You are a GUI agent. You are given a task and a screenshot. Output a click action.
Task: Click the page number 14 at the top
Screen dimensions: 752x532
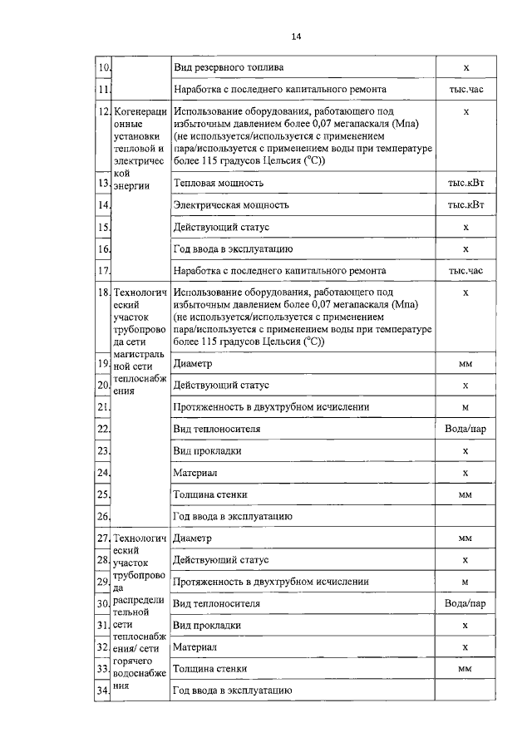pyautogui.click(x=297, y=36)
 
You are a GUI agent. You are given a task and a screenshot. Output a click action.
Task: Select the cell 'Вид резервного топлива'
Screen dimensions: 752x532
pyautogui.click(x=229, y=66)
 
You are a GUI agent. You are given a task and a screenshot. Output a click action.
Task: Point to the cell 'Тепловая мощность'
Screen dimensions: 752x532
pyautogui.click(x=219, y=182)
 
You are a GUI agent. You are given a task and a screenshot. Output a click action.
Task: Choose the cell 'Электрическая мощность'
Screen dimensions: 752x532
pyautogui.click(x=230, y=204)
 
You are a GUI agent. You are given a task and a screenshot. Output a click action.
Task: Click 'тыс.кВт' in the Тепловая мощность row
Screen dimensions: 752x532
pyautogui.click(x=465, y=182)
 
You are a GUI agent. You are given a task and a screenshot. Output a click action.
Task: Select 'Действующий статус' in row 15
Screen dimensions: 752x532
pyautogui.click(x=221, y=227)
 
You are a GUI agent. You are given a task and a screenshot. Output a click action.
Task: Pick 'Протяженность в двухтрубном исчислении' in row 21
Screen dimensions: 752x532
pyautogui.click(x=271, y=407)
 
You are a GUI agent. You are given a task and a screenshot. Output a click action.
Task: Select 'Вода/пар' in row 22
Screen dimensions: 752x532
pyautogui.click(x=465, y=429)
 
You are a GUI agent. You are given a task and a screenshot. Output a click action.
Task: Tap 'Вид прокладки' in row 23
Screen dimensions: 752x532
pyautogui.click(x=208, y=451)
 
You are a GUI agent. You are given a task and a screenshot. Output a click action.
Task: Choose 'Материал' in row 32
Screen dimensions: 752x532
pyautogui.click(x=195, y=646)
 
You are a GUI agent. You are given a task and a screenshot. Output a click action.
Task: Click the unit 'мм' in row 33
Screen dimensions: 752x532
pyautogui.click(x=465, y=668)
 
